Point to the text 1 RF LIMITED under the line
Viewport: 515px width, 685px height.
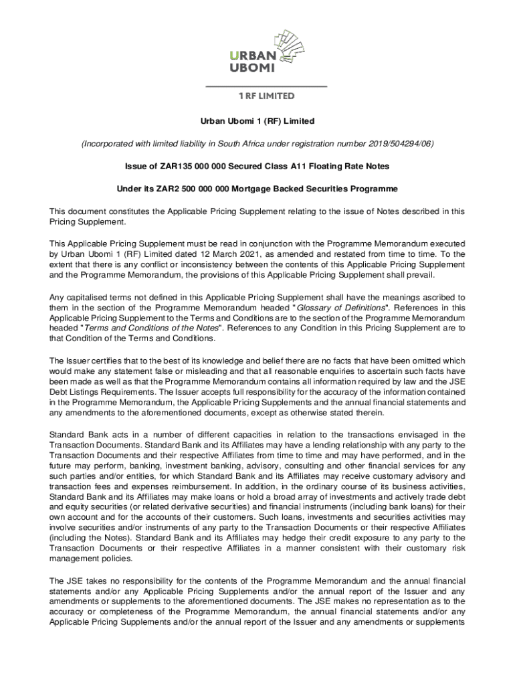pos(266,96)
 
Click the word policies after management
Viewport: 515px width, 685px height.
pos(115,559)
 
